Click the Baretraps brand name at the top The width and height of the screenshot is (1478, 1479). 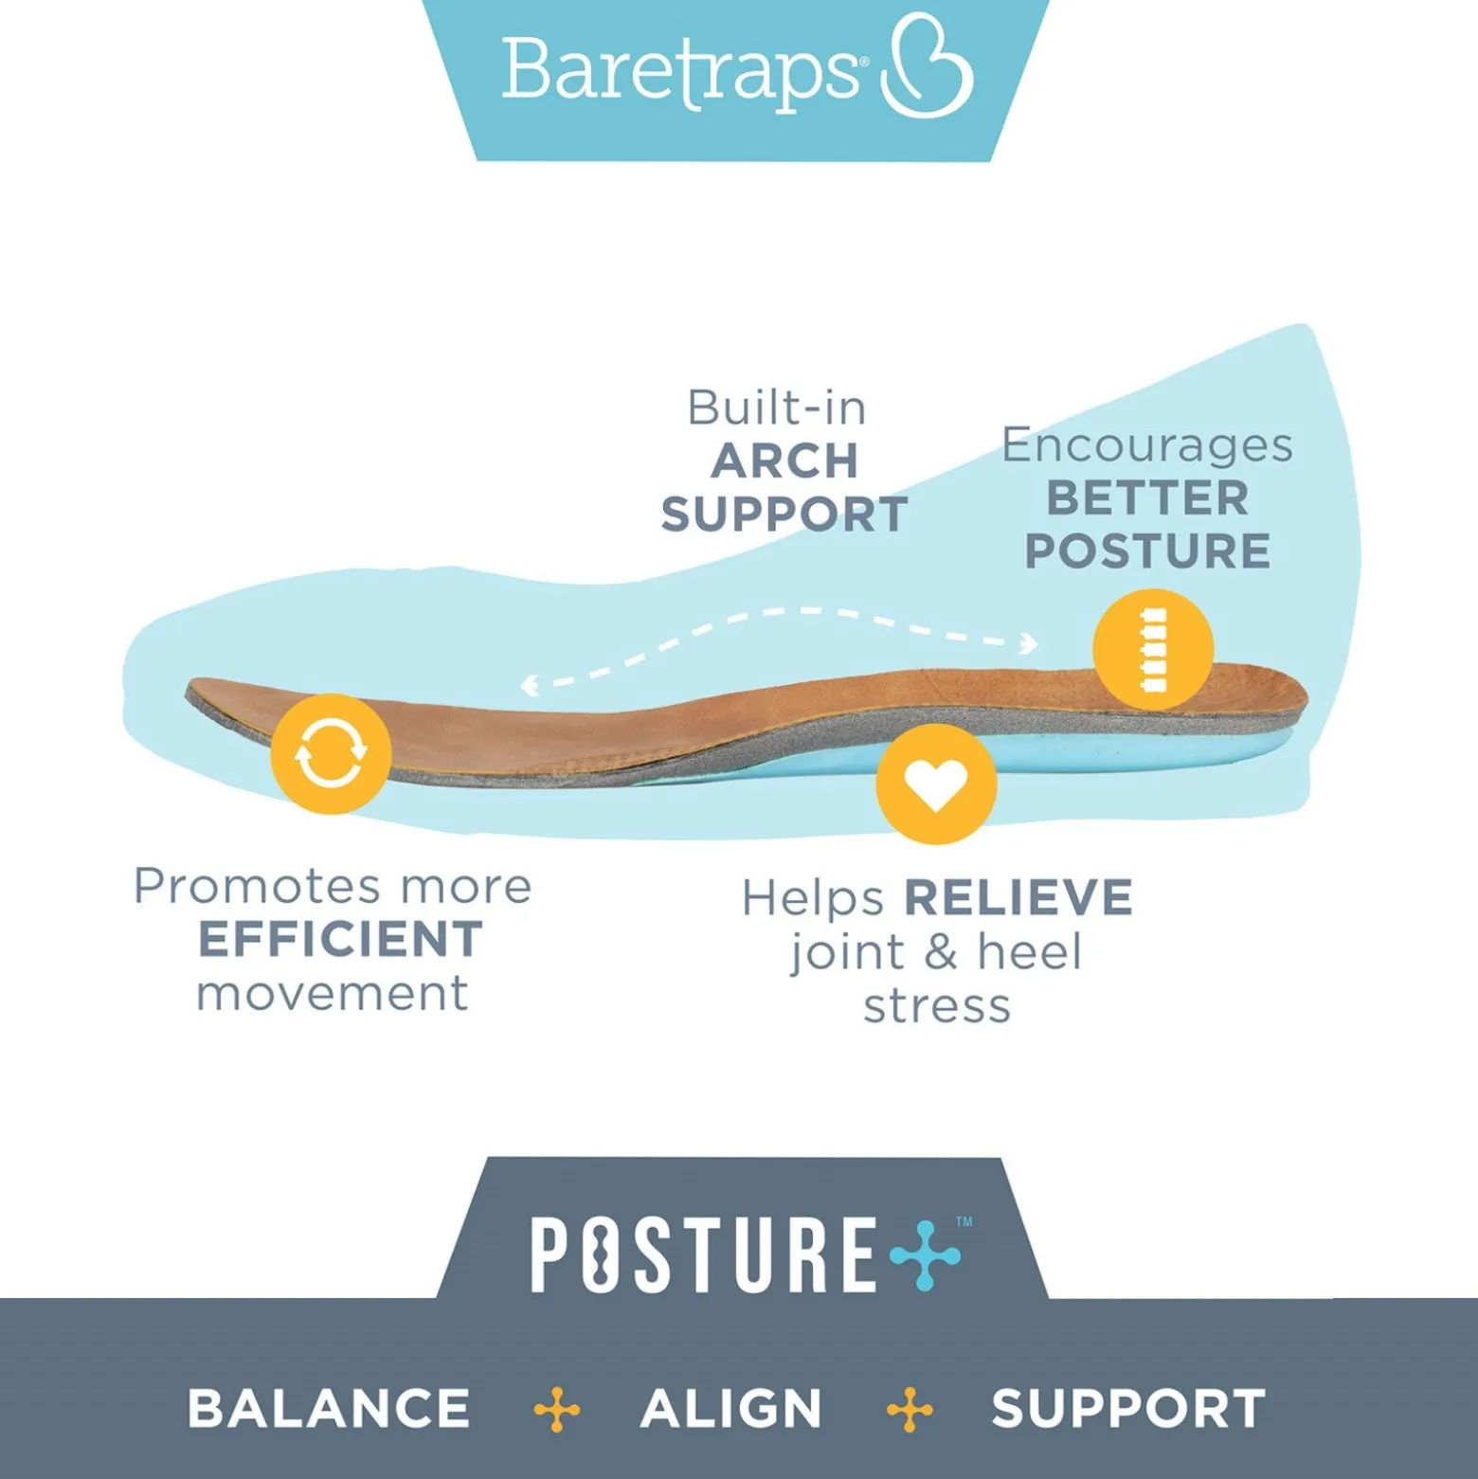(680, 72)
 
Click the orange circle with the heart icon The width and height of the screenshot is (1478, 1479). (936, 784)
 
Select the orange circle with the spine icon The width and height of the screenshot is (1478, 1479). (1153, 649)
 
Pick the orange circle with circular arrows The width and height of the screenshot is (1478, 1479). (331, 753)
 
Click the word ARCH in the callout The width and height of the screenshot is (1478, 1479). (784, 461)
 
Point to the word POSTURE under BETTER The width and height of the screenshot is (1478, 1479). (1147, 550)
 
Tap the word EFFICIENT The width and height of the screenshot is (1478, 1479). (340, 939)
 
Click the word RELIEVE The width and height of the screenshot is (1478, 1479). (1018, 897)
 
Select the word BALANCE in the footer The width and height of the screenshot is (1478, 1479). (329, 1408)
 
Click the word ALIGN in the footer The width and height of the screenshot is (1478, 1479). (730, 1408)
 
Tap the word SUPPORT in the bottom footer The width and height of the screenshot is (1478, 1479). (1128, 1408)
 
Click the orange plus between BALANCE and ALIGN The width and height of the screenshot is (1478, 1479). (557, 1409)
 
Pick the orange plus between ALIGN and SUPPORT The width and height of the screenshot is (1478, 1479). (910, 1409)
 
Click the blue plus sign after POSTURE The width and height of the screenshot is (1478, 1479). (926, 1254)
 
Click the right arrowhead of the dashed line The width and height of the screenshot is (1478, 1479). (1028, 644)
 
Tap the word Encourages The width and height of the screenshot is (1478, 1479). (1147, 446)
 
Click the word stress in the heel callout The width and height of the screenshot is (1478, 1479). (937, 1006)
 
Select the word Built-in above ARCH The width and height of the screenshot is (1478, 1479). (777, 408)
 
